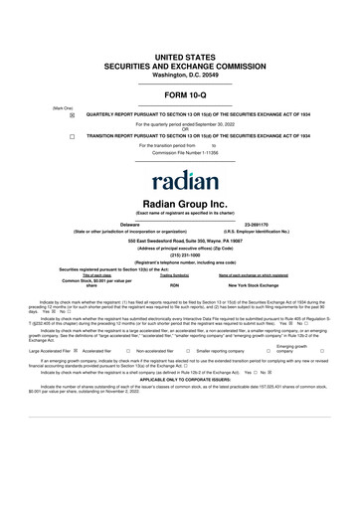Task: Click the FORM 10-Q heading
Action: point(179,94)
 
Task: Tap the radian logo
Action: point(180,182)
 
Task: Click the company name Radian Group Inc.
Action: point(179,202)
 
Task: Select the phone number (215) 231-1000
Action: point(179,253)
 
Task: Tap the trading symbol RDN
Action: point(174,286)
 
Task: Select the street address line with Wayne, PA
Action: point(179,239)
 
